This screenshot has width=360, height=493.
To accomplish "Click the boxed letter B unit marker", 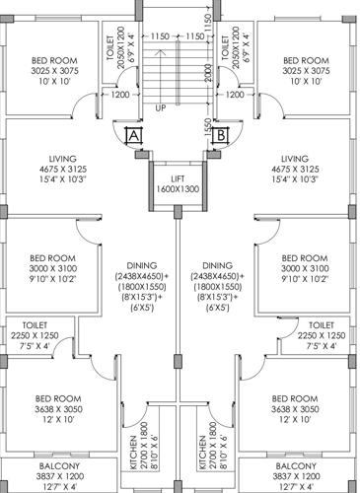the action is [x=222, y=134].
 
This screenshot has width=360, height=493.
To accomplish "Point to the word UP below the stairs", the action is [x=161, y=107].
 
